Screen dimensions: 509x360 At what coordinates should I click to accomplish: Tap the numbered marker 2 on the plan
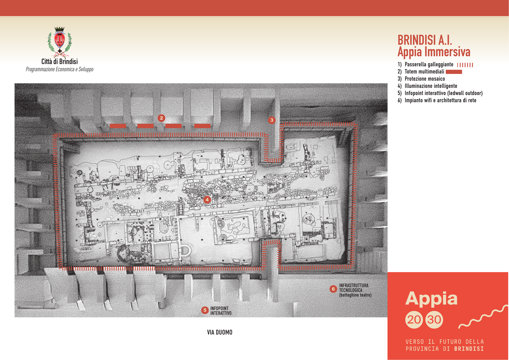tap(161, 118)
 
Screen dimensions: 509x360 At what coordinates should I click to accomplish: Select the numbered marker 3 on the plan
tap(272, 120)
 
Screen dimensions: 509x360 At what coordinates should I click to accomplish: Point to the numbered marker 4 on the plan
tap(207, 200)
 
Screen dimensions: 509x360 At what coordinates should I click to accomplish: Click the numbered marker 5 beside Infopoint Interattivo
tap(205, 310)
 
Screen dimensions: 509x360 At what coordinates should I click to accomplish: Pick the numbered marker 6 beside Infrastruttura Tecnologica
tap(333, 289)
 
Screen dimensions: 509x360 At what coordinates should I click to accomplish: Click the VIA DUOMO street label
tap(220, 333)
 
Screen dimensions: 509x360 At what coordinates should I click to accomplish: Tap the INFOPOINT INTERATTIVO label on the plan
tap(221, 311)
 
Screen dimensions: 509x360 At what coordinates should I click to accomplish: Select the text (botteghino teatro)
tap(355, 295)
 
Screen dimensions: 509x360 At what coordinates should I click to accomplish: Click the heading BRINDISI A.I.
tap(425, 40)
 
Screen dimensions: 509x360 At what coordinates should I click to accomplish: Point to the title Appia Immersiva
tap(434, 52)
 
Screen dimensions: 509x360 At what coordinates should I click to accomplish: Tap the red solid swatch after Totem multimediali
tap(454, 72)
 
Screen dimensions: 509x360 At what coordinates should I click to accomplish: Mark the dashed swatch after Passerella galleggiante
tap(465, 65)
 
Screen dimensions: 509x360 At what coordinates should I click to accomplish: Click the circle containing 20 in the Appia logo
tap(414, 320)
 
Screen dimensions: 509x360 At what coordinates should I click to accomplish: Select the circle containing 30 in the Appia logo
tap(434, 320)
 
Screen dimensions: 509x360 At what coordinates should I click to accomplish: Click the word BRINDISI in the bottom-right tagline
tap(469, 349)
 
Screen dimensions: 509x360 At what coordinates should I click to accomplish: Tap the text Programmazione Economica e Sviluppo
tap(60, 69)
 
